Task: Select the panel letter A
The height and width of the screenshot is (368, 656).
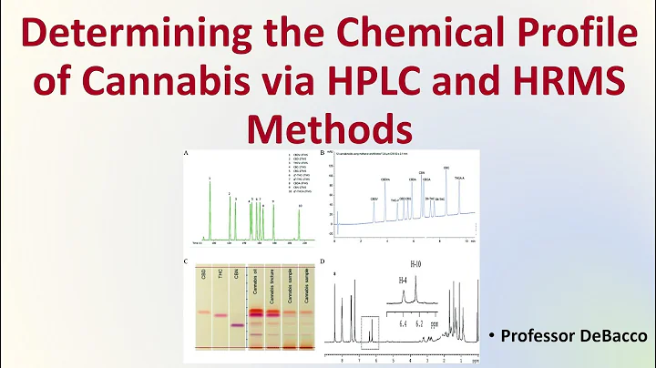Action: click(x=187, y=156)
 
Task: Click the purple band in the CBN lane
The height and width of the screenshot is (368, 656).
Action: click(x=235, y=324)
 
